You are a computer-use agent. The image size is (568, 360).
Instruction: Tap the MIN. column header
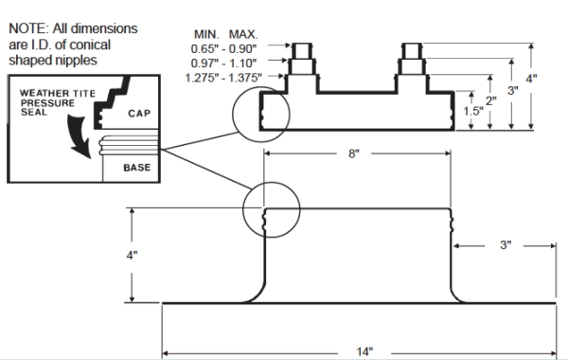point(206,34)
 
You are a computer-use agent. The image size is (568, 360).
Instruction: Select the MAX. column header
point(243,34)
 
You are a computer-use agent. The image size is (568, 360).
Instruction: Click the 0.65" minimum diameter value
point(204,48)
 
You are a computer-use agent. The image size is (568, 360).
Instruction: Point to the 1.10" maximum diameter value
point(242,63)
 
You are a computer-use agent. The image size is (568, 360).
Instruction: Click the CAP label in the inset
point(139,114)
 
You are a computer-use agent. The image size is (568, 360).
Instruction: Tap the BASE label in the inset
point(137,168)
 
